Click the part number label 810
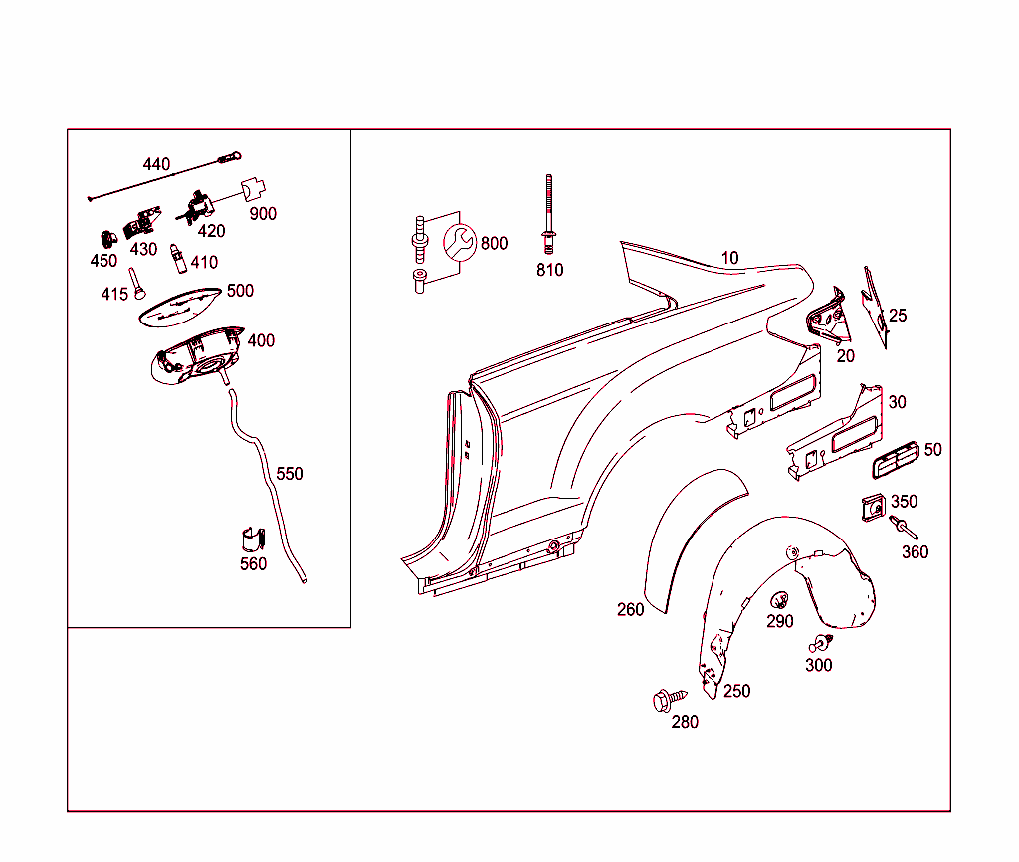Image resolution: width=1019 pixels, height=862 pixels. (x=549, y=270)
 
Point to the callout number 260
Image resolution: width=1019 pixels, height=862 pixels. (x=630, y=609)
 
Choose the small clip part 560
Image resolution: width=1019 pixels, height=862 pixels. (x=253, y=538)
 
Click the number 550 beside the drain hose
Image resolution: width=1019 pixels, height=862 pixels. (x=289, y=474)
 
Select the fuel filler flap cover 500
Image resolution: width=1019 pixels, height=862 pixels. (x=179, y=305)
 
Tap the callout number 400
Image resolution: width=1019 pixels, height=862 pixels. (x=261, y=340)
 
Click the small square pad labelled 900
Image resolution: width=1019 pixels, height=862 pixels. (x=256, y=188)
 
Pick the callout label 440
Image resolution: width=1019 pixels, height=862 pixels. (x=156, y=164)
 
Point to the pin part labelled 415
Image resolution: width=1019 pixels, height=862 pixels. (x=137, y=284)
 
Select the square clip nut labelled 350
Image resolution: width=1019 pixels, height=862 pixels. (x=873, y=507)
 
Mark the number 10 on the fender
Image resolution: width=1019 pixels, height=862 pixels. (x=730, y=258)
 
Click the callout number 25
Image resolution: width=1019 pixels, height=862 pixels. (x=898, y=316)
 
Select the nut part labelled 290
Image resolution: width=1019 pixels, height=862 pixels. (x=779, y=600)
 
